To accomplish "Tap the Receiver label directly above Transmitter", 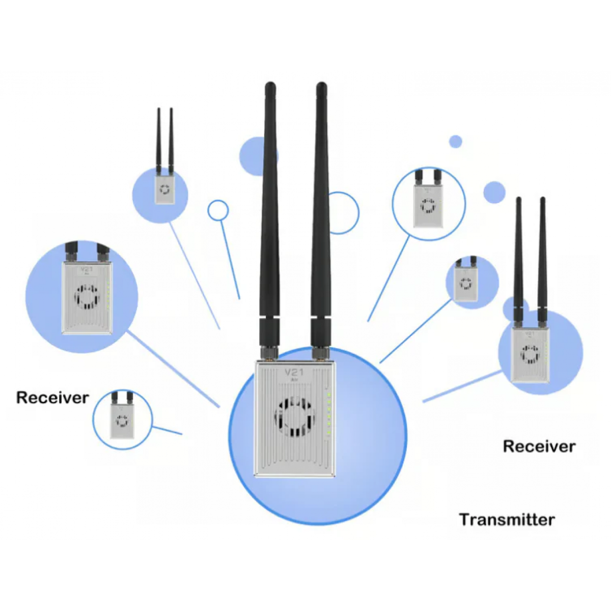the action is click(x=539, y=447).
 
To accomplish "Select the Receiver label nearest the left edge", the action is click(x=52, y=398).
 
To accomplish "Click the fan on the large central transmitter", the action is click(x=295, y=418).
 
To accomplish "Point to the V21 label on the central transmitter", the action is click(x=294, y=373).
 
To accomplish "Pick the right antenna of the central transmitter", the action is click(x=321, y=222).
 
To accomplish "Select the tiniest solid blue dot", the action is click(x=456, y=142).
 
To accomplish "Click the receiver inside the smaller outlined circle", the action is click(x=122, y=415).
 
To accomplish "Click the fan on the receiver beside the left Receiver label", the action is click(x=86, y=296).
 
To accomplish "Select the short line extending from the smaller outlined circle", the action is click(x=167, y=430).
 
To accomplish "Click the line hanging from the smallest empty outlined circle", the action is click(x=230, y=260).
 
